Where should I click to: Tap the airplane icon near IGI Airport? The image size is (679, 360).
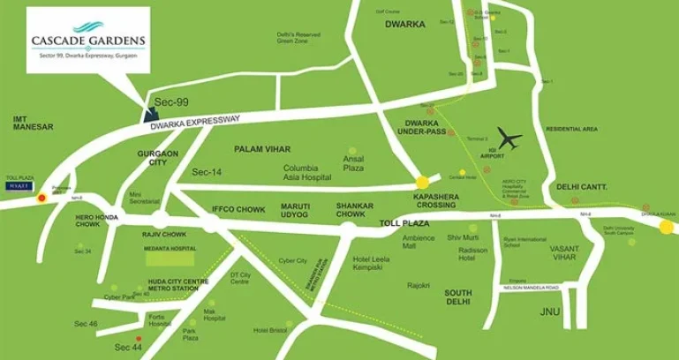509,139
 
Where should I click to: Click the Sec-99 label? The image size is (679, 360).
171,103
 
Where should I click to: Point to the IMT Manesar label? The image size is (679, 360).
34,122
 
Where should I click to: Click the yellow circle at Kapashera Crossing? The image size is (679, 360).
422,182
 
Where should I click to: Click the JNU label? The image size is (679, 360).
549,311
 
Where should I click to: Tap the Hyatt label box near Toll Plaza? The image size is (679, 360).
20,186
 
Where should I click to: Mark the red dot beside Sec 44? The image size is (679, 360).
139,338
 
